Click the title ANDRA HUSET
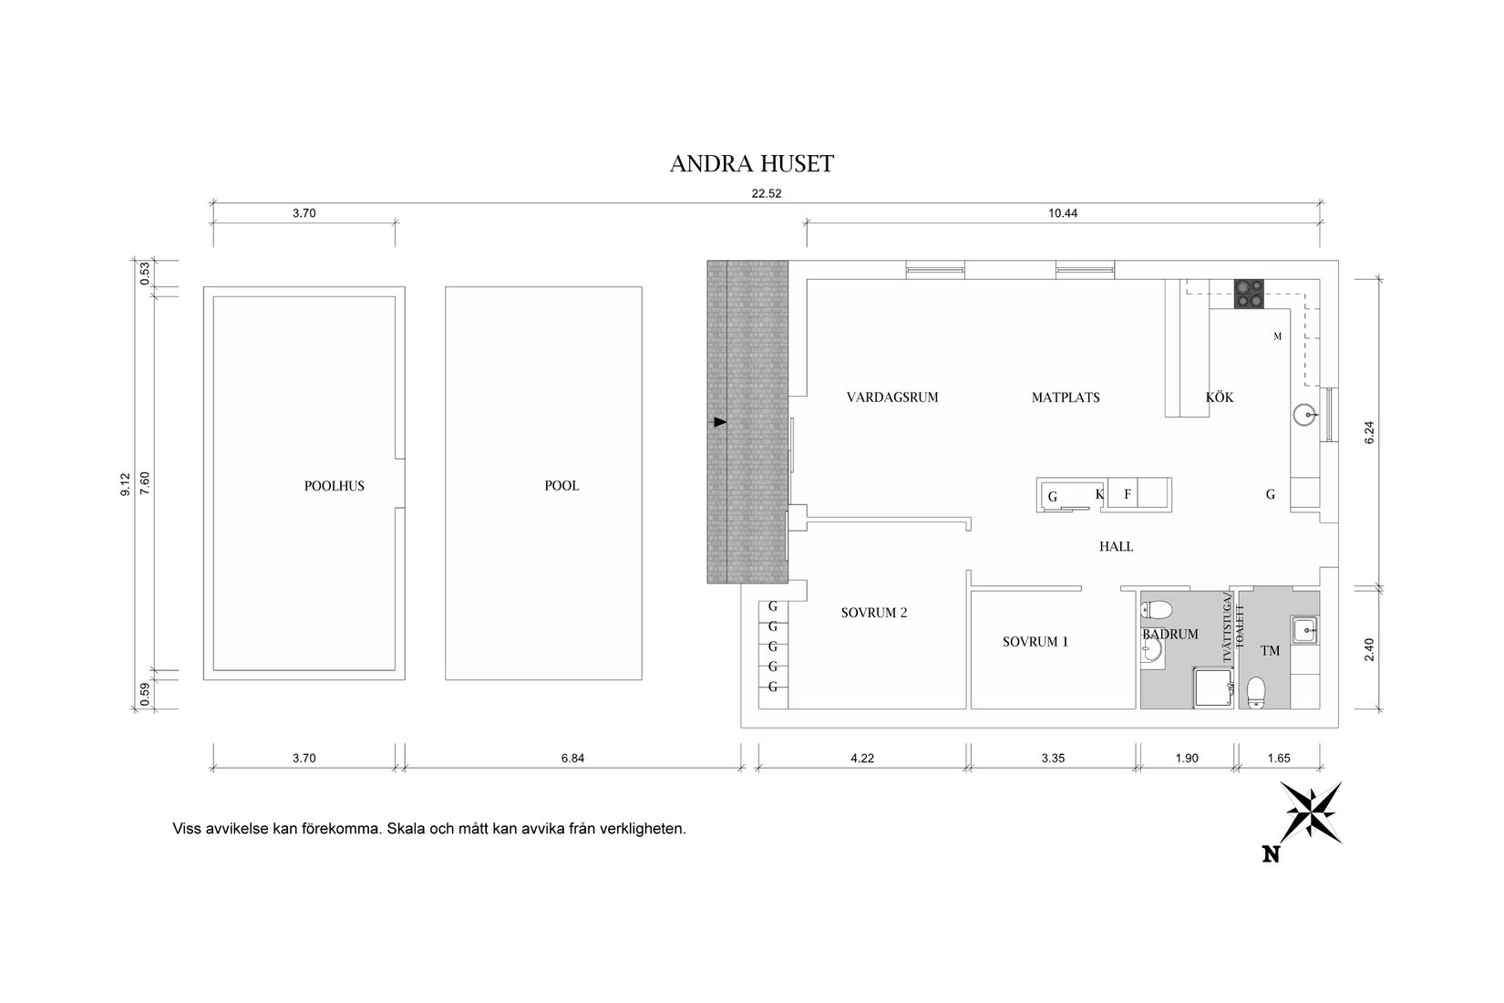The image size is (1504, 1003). point(751,164)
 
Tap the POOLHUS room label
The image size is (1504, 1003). point(334,486)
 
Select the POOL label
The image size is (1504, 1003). point(561,486)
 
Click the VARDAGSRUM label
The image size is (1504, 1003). point(892,397)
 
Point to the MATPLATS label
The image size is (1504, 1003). point(1066,398)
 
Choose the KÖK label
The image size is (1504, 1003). point(1220,397)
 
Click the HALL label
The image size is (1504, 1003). point(1116,547)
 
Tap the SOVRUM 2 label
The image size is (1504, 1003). point(873,613)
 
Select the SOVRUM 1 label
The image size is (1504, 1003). point(1035,642)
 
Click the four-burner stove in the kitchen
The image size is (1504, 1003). point(1249,295)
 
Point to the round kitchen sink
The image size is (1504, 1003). point(1304,415)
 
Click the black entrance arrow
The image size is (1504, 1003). point(720,422)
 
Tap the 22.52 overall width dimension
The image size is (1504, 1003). point(766,193)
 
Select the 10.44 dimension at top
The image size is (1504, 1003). point(1063,213)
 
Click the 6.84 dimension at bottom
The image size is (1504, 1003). point(572,758)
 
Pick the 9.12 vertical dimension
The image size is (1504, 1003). point(126,484)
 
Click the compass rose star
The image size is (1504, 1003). point(1311,812)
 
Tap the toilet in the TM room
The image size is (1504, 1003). point(1255,693)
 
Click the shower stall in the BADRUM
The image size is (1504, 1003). point(1213,688)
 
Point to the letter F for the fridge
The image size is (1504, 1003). point(1128,494)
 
